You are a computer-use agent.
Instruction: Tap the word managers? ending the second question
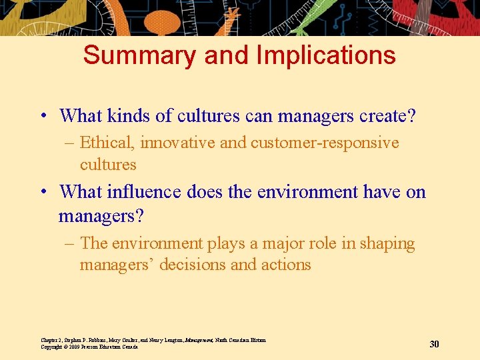(101, 216)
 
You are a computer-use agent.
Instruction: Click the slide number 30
(434, 344)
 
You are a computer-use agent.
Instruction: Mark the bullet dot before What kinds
(43, 117)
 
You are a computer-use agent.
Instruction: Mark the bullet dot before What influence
(43, 193)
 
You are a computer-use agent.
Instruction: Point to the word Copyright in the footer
(53, 347)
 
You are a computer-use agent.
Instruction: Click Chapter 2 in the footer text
(53, 340)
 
